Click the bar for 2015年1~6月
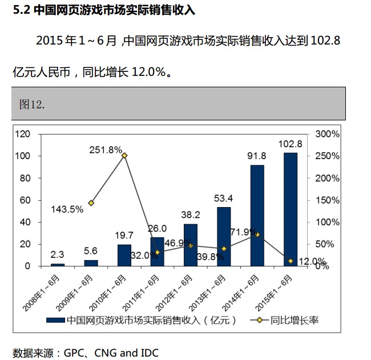click(x=291, y=209)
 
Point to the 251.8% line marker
click(x=124, y=155)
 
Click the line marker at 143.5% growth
click(x=91, y=203)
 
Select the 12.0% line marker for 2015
click(x=291, y=261)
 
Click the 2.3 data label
click(x=58, y=254)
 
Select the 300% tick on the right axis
click(x=327, y=134)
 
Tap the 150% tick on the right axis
click(x=327, y=200)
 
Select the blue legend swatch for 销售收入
click(x=55, y=320)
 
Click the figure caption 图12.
click(x=32, y=104)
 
